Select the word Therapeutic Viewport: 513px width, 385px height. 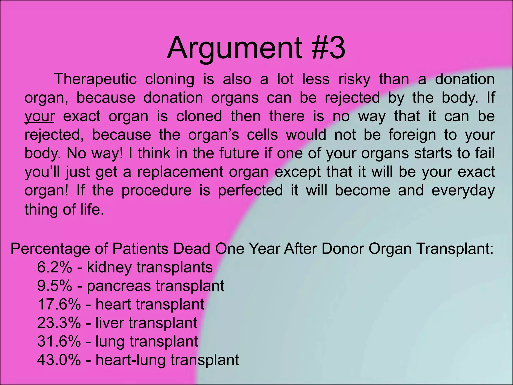pos(95,79)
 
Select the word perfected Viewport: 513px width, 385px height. pos(250,191)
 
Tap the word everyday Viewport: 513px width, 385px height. pos(463,191)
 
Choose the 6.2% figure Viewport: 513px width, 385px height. pos(54,267)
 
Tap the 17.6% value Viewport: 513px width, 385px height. pos(59,305)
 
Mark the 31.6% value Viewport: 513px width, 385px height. pos(59,341)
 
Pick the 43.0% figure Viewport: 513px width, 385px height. pos(59,360)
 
